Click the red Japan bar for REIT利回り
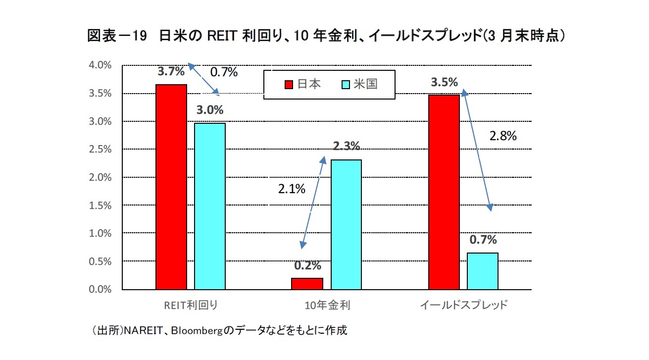tap(171, 187)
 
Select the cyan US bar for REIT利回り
tap(210, 206)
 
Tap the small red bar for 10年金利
tap(307, 284)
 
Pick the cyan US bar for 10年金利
tap(346, 224)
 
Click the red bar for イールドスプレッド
tap(444, 192)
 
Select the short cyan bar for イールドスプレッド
tap(483, 271)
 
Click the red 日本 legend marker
tap(289, 85)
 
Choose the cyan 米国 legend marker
tap(346, 85)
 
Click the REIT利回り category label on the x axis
tap(191, 305)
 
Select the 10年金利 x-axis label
tap(327, 305)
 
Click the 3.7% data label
tap(171, 71)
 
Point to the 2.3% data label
tap(346, 146)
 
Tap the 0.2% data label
tap(308, 265)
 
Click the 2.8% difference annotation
tap(503, 136)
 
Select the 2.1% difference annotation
tap(291, 188)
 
